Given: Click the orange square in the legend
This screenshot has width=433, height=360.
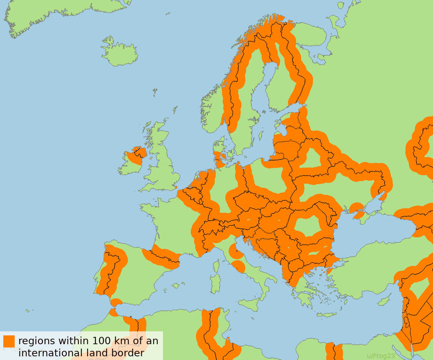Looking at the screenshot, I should (x=9, y=341).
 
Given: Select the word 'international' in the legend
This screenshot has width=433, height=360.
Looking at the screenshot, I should (x=50, y=353).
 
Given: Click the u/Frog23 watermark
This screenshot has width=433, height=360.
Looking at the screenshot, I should (x=381, y=356).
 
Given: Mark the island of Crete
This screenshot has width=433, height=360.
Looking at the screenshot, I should (x=326, y=314).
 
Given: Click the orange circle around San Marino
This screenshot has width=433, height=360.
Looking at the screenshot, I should (x=236, y=251).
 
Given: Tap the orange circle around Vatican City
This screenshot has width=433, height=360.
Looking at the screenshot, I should (x=238, y=267).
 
